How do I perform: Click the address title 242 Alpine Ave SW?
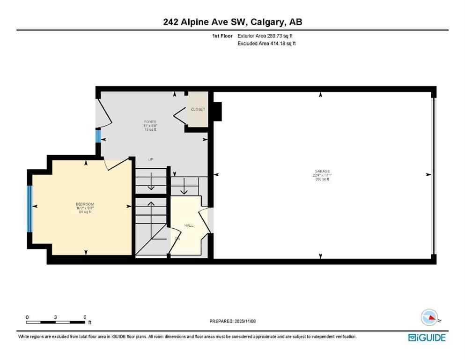[x=232, y=22]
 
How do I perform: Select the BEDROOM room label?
[x=85, y=204]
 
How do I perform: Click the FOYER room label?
[x=150, y=122]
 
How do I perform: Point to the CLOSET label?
[x=198, y=109]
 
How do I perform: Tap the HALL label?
[x=189, y=225]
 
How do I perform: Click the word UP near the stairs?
[x=151, y=160]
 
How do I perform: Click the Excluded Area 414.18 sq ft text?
[x=267, y=44]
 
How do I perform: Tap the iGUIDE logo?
[x=427, y=337]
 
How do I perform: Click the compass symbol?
[x=429, y=318]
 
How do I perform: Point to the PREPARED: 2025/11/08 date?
[x=232, y=321]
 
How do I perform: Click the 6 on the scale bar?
[x=85, y=317]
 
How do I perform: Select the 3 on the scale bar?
[x=56, y=317]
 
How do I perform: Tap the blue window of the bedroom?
[x=30, y=209]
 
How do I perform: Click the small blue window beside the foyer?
[x=98, y=136]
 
